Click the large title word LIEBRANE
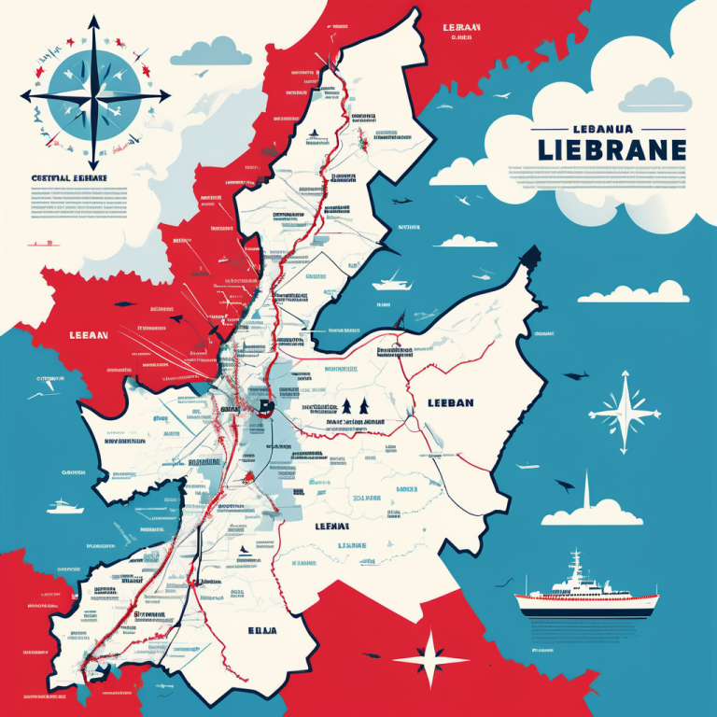click(x=612, y=149)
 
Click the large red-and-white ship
click(x=583, y=594)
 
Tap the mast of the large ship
click(x=576, y=562)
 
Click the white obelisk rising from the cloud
click(x=585, y=490)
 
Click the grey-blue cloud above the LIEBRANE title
click(x=654, y=93)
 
